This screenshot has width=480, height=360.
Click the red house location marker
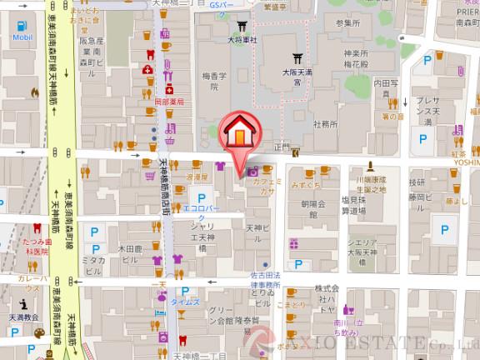pos(239,133)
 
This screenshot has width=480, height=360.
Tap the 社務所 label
pos(326,124)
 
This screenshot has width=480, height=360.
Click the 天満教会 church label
pos(24,317)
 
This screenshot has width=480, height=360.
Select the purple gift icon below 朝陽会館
pos(293,243)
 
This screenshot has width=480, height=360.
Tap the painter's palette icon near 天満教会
pos(39,332)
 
